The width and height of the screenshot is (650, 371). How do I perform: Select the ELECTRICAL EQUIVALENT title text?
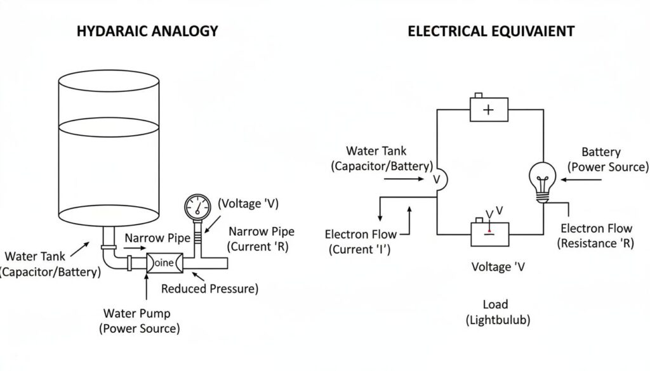coord(491,30)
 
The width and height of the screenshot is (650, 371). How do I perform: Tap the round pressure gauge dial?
coord(198,207)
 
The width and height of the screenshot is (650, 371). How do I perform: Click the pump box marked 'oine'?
coord(164,263)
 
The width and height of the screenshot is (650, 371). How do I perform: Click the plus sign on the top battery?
coord(488,109)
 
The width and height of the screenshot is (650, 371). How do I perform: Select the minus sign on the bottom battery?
coord(488,232)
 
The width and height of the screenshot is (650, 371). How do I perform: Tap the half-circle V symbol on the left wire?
coord(439,179)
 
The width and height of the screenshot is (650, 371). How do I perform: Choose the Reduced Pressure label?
coord(209,289)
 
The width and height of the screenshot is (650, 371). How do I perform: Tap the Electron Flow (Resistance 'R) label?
coord(595,236)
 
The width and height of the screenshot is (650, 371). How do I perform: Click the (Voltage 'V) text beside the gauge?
coord(248,204)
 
